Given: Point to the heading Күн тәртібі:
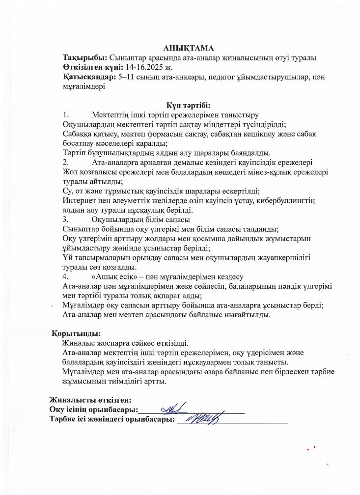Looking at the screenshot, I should coord(188,106).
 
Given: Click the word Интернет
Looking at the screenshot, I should coord(80,200).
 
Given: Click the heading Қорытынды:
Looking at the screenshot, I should coord(76,334).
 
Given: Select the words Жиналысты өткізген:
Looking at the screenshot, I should coord(90,400).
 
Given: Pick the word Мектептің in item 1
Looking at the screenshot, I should coord(110,115).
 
